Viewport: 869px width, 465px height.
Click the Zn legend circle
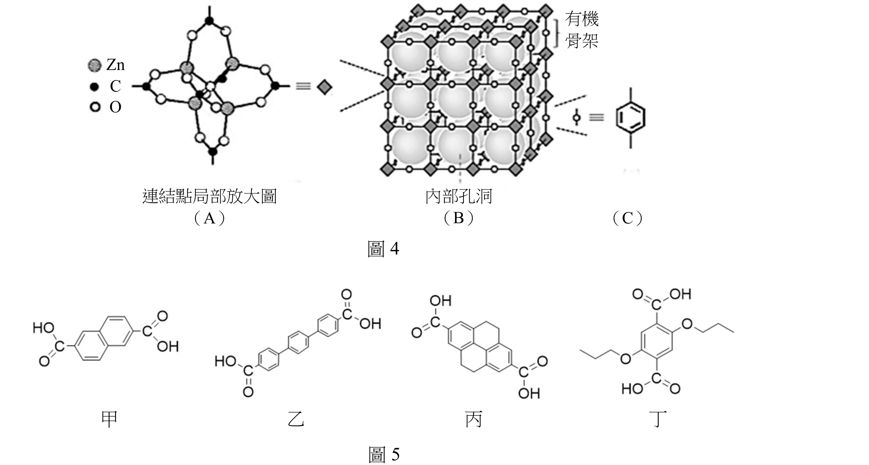tap(94, 65)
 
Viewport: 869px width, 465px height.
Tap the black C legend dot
tap(94, 87)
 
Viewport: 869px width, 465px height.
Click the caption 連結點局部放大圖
tap(210, 197)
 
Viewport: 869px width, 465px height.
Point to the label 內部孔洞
tap(459, 197)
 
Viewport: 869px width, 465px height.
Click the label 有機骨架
tap(582, 30)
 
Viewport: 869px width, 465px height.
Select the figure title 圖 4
tap(383, 249)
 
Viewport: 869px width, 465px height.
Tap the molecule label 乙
tap(296, 419)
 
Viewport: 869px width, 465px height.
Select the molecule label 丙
tap(474, 419)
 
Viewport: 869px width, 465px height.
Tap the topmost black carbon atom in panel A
tap(210, 21)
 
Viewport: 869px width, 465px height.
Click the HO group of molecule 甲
tap(44, 328)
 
